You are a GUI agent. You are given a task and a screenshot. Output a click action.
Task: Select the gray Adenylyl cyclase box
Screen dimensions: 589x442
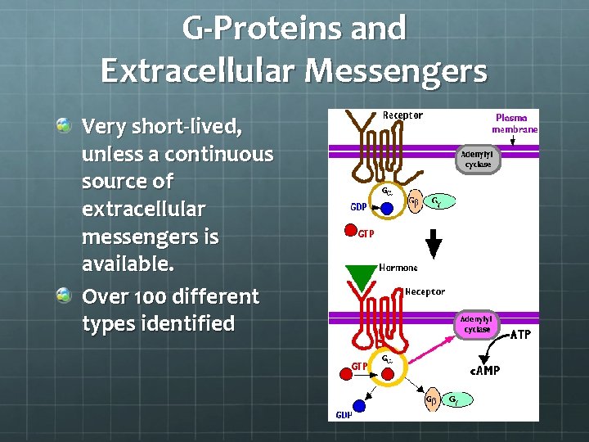[479, 159]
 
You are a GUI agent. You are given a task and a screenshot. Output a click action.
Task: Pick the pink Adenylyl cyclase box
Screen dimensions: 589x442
[476, 324]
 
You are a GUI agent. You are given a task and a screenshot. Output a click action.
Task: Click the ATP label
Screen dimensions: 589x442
[521, 334]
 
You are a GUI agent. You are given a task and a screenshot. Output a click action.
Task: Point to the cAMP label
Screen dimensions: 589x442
[483, 370]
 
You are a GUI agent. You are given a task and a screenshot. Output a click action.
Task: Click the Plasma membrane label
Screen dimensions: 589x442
[515, 124]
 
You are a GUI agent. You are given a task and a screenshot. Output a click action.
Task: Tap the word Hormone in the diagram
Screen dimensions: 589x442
[398, 268]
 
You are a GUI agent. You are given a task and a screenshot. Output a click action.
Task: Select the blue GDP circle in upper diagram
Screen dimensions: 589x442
[387, 208]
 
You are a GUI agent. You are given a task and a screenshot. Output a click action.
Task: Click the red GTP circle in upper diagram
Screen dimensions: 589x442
[349, 232]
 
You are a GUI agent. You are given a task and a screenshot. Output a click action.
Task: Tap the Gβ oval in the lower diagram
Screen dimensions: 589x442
[429, 399]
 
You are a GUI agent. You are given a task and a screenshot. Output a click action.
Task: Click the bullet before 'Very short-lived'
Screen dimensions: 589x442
[64, 125]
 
